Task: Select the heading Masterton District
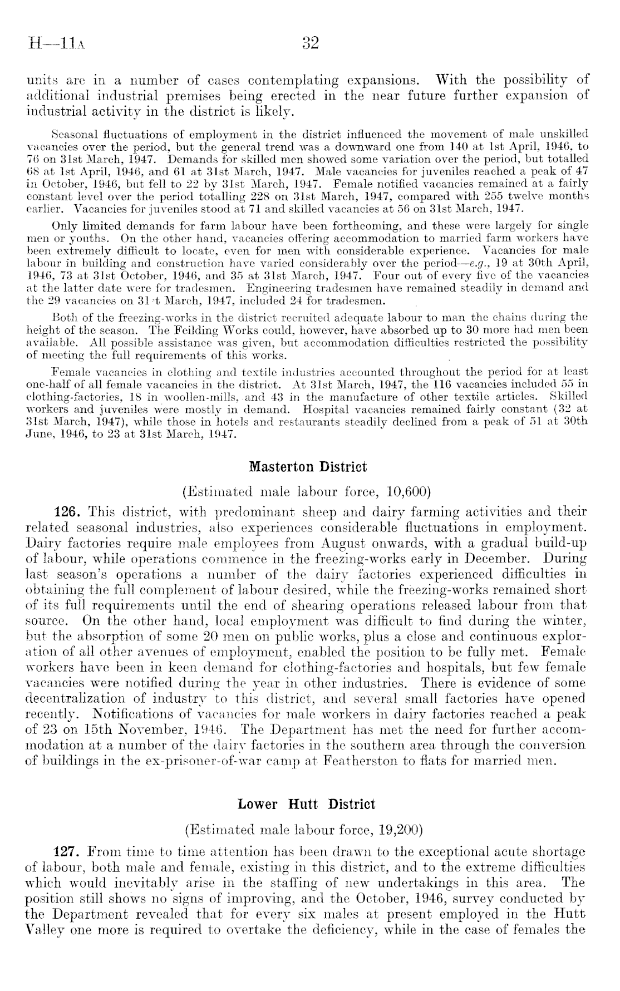308,466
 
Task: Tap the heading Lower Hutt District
306,805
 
